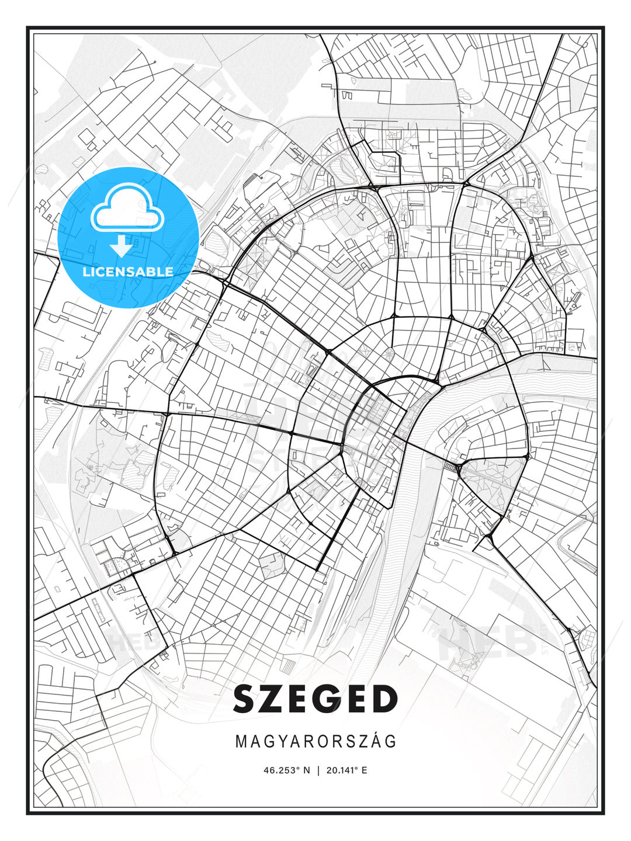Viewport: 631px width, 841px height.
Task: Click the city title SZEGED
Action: pos(315,699)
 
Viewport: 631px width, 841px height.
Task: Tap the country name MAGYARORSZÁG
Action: pos(315,741)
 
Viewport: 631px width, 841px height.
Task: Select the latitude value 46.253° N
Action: pos(287,770)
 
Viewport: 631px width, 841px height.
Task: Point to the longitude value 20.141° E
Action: pos(347,770)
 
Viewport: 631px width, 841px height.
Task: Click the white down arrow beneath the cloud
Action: pos(122,246)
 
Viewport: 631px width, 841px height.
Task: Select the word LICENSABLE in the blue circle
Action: pos(128,272)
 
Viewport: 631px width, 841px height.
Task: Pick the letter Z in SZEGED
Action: pos(275,699)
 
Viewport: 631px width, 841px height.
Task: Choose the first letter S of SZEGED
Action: pos(247,699)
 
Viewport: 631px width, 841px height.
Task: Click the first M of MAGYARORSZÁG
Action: pos(241,741)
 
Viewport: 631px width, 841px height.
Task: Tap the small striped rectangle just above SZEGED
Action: pos(289,665)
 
